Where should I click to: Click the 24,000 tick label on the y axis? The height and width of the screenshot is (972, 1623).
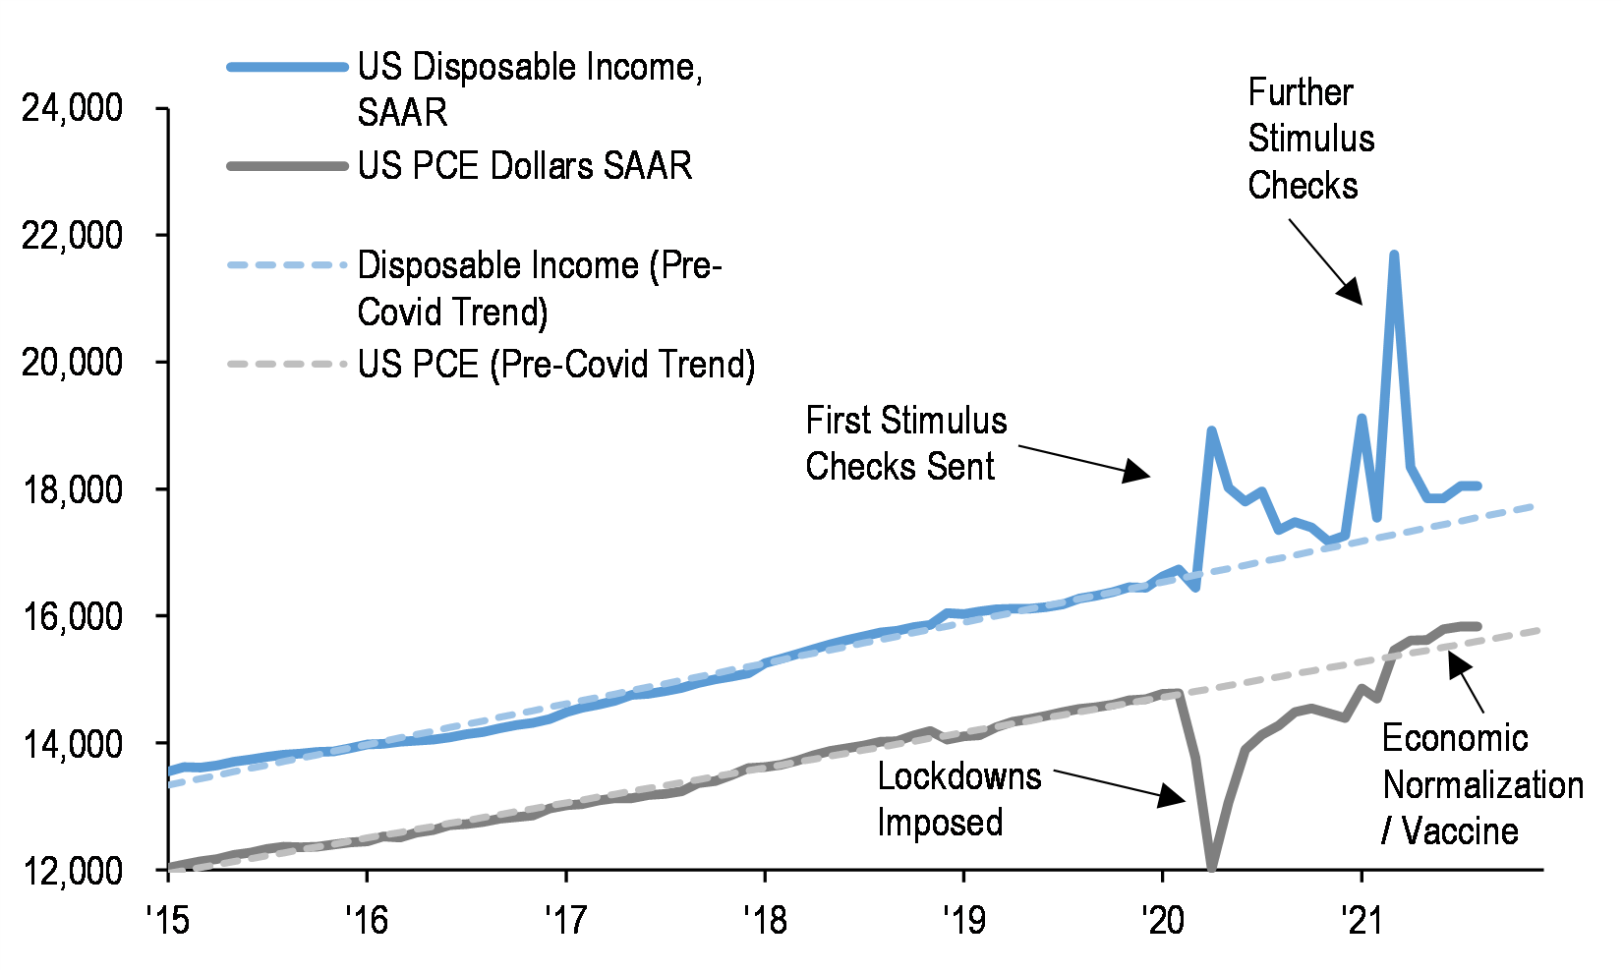click(73, 108)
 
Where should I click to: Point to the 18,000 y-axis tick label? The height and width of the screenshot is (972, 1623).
click(73, 489)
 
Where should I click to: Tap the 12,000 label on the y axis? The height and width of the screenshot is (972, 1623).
click(73, 871)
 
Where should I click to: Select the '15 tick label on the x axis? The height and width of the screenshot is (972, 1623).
click(168, 920)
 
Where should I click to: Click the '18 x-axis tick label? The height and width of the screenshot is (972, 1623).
click(765, 920)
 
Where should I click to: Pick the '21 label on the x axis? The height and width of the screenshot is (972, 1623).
click(1361, 920)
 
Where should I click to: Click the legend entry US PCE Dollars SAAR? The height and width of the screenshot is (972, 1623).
click(525, 166)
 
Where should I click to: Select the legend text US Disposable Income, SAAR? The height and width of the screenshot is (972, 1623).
click(529, 89)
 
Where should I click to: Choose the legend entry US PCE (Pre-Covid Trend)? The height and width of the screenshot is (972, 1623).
click(556, 365)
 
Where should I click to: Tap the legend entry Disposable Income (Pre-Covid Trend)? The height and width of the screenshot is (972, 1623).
click(539, 289)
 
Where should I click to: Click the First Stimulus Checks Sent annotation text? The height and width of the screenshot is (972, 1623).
click(905, 443)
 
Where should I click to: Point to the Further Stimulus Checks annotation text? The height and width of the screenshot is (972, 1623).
click(1310, 139)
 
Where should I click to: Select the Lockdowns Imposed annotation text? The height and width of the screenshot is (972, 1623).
click(958, 799)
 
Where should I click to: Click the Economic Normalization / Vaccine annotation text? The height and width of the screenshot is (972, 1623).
click(1481, 784)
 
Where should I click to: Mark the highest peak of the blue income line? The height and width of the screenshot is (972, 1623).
click(1394, 255)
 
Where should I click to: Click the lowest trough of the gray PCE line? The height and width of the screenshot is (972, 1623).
click(1212, 867)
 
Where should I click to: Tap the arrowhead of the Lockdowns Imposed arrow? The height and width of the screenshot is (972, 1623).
click(1174, 795)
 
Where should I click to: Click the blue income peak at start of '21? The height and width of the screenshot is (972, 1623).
click(1362, 418)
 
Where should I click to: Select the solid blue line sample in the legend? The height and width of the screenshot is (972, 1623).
click(287, 67)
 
